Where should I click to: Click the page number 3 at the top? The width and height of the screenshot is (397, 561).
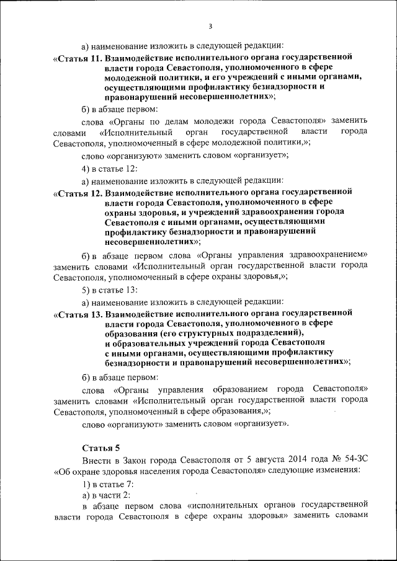coord(210,26)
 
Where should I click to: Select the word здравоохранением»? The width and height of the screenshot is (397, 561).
coord(332,255)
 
